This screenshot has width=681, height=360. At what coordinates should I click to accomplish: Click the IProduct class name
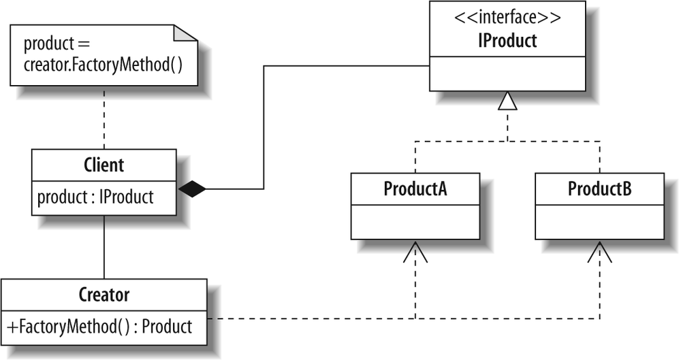coord(507,41)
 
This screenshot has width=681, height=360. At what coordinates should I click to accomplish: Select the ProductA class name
coord(415,189)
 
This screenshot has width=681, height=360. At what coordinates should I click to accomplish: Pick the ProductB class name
coord(599,189)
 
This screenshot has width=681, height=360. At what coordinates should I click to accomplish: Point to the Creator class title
coord(104,295)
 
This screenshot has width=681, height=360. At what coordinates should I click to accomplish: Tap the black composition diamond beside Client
coord(192,189)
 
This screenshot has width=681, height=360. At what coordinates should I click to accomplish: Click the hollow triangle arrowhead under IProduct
coord(507,101)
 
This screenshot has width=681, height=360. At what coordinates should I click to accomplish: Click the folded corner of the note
coord(186,34)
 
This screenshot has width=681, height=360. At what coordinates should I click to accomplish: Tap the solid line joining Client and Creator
coord(104,246)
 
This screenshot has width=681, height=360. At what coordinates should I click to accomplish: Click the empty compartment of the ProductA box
coord(415,221)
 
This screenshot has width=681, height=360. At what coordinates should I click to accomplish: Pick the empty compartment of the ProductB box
coord(599,221)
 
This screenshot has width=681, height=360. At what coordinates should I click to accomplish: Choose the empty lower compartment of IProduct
coord(507,73)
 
